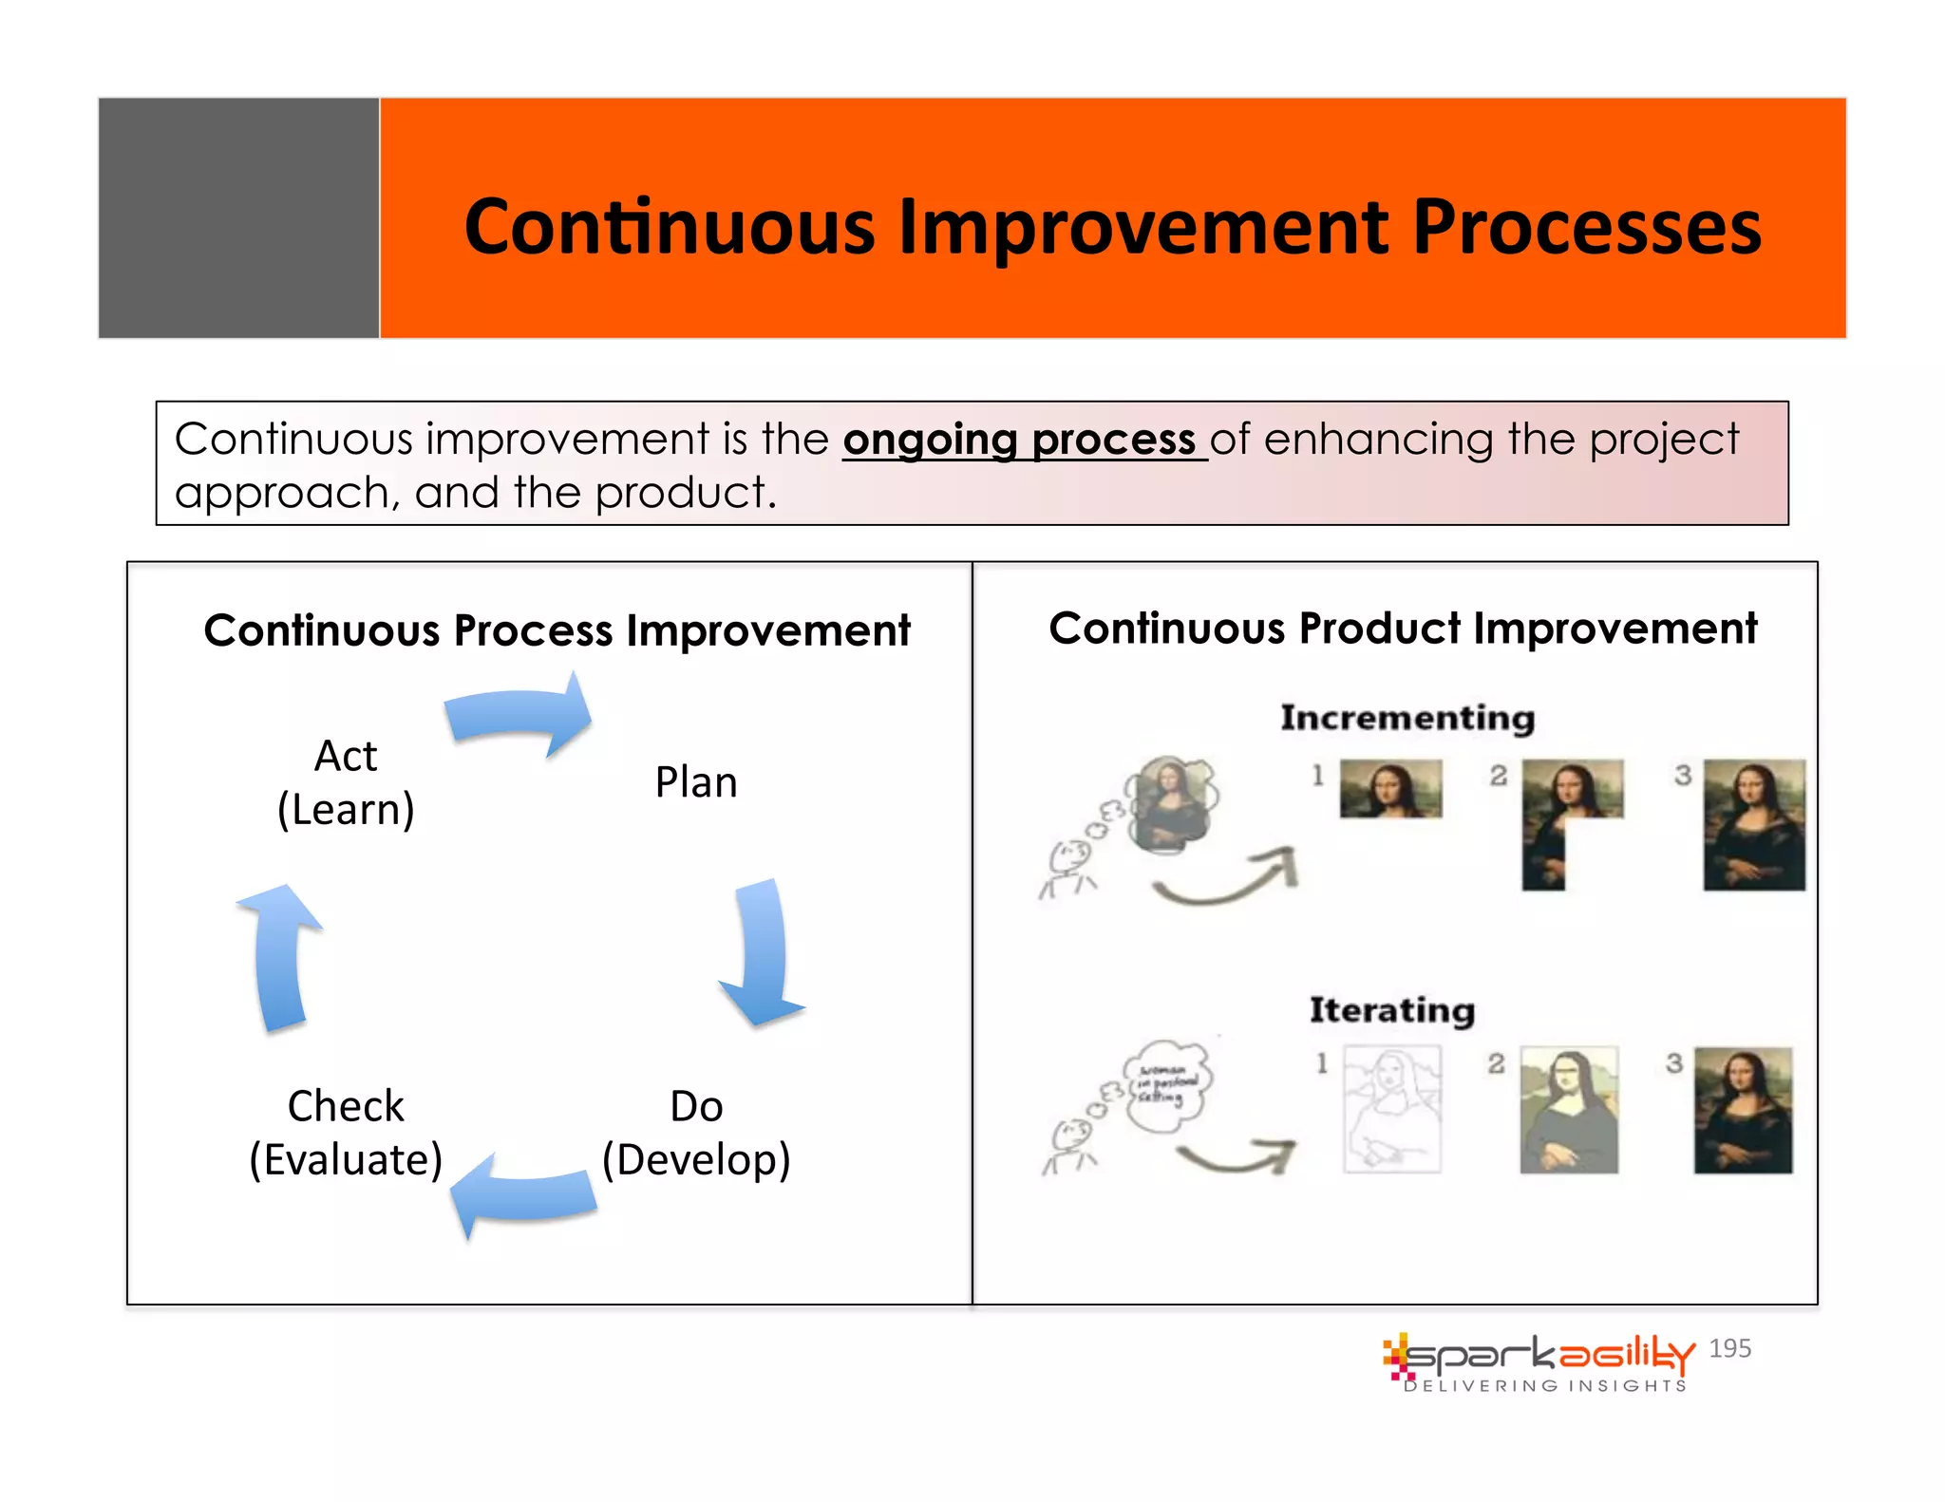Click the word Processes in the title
click(1585, 228)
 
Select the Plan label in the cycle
click(696, 782)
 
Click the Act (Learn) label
click(346, 782)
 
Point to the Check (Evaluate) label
click(346, 1132)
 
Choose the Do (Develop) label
click(696, 1132)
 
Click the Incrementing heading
click(1407, 718)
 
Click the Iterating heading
click(1391, 1009)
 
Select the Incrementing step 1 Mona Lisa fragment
click(1390, 788)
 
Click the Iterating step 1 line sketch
click(1391, 1109)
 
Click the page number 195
click(1729, 1348)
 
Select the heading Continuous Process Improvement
click(557, 630)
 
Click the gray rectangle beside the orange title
click(238, 217)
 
